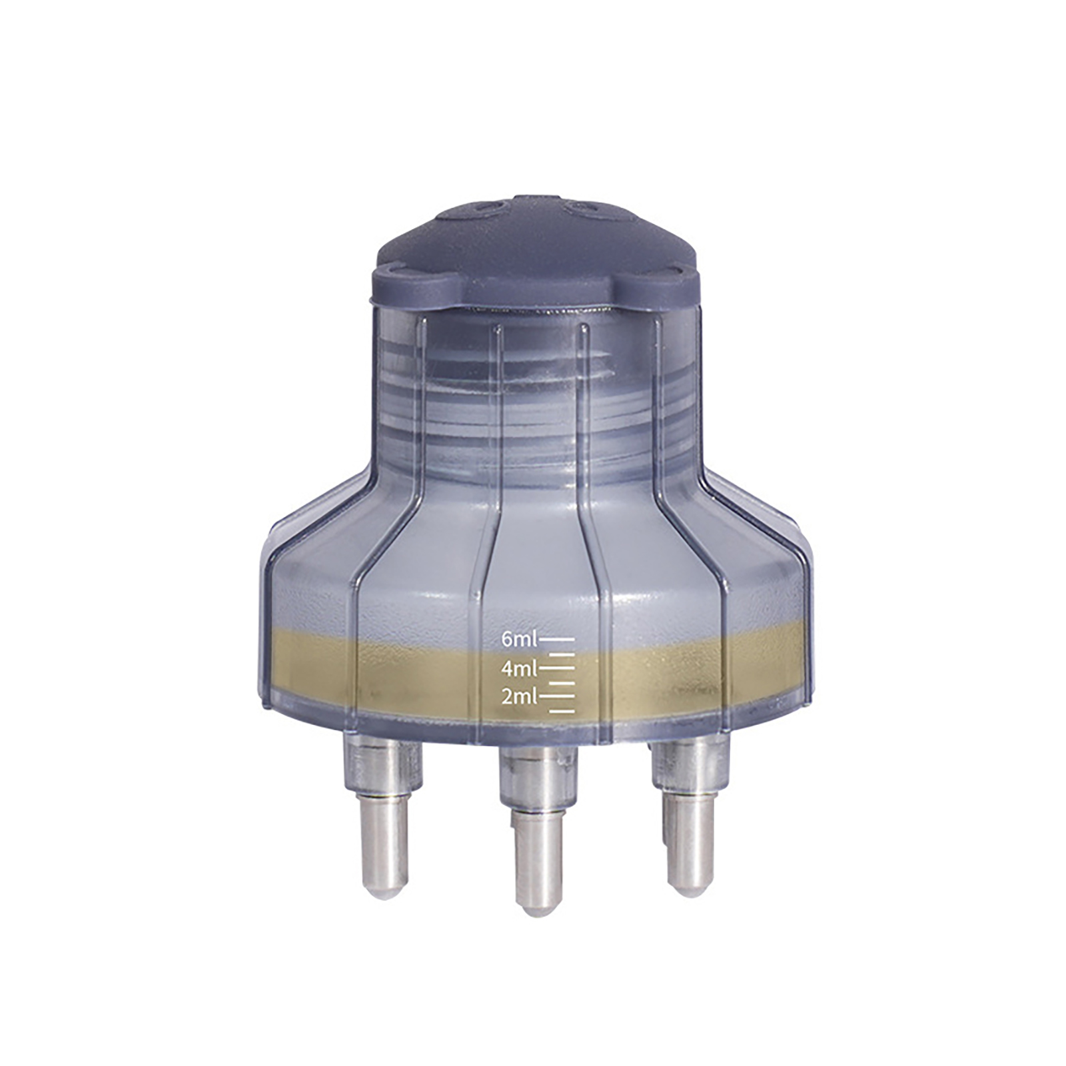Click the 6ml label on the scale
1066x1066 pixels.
coord(519,640)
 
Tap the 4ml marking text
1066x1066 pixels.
coord(519,667)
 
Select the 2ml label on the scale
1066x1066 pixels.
coord(519,697)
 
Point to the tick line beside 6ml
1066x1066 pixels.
coord(556,638)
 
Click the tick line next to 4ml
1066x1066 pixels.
coord(556,666)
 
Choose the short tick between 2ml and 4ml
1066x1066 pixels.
coord(562,683)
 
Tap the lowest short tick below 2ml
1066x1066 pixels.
coord(562,712)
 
